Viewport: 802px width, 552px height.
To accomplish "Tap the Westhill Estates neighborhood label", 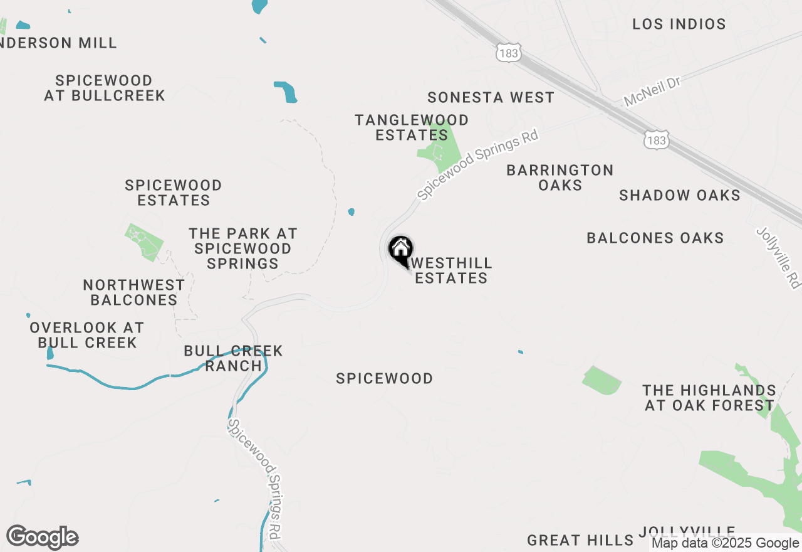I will [x=451, y=270].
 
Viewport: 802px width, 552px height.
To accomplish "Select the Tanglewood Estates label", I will [x=412, y=127].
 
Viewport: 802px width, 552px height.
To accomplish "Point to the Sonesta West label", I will [x=491, y=98].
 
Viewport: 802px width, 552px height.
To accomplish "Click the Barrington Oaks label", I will [x=560, y=178].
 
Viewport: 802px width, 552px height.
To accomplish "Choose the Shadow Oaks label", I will [x=680, y=195].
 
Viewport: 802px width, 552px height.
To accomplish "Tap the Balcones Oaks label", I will [x=655, y=238].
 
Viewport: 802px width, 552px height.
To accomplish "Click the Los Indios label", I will [x=679, y=24].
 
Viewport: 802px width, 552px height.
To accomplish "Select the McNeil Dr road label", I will [x=652, y=92].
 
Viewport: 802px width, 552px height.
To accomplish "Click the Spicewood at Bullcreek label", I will [x=104, y=88].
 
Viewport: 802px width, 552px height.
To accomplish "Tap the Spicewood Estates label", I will [x=174, y=193].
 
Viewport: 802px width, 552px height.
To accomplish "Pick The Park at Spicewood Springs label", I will [x=243, y=248].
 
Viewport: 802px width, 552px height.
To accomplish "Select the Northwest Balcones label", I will [x=134, y=292].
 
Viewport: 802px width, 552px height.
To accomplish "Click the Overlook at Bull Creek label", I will [x=87, y=335].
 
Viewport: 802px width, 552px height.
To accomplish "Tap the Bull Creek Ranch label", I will [x=233, y=358].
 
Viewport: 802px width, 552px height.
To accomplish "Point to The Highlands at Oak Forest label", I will [x=709, y=398].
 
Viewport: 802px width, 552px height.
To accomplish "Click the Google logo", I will [x=43, y=538].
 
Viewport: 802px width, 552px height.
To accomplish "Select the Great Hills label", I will [x=580, y=540].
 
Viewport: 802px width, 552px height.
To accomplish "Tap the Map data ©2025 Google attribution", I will [x=725, y=543].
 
